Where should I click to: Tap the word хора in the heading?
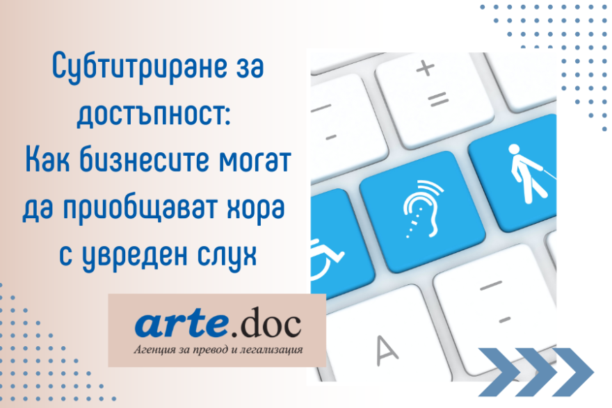click(x=250, y=209)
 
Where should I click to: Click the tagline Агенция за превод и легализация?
click(x=218, y=350)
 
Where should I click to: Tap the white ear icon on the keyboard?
click(x=422, y=209)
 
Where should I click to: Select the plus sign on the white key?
click(x=425, y=68)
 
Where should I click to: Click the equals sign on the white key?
click(x=438, y=99)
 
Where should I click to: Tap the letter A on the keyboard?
click(x=387, y=350)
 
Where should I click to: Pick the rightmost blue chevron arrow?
click(x=572, y=372)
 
